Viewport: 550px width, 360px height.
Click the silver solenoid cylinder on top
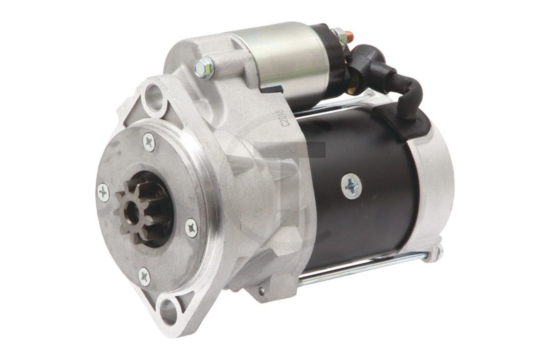coord(285,60)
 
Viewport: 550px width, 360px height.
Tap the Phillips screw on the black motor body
coord(351,186)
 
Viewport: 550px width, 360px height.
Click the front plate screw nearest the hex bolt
coord(148,141)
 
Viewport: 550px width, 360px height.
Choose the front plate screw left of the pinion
coord(103,192)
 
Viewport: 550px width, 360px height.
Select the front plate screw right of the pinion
coord(191,227)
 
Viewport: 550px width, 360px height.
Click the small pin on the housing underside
coord(262,290)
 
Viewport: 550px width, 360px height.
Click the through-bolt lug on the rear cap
coord(436,252)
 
